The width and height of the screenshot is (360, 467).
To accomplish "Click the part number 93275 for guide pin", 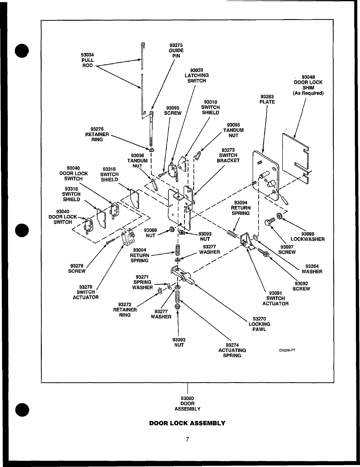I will pyautogui.click(x=176, y=45).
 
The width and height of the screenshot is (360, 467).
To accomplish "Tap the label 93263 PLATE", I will pyautogui.click(x=267, y=99).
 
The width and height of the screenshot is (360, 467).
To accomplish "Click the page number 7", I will pyautogui.click(x=187, y=439).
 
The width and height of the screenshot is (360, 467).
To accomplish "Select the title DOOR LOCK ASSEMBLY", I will pyautogui.click(x=187, y=423).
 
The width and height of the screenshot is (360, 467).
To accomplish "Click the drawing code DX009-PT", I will pyautogui.click(x=287, y=350).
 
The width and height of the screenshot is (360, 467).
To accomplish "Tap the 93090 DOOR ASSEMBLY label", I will pyautogui.click(x=187, y=403).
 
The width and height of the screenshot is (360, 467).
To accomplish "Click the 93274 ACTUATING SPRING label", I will pyautogui.click(x=232, y=350).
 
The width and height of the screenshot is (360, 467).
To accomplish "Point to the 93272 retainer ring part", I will pyautogui.click(x=159, y=292).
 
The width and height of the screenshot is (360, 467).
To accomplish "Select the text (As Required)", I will pyautogui.click(x=308, y=93).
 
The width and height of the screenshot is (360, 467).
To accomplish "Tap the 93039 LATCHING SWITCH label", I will pyautogui.click(x=197, y=75).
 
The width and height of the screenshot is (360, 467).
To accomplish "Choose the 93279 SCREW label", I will pyautogui.click(x=77, y=269).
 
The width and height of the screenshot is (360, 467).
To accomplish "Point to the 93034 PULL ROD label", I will pyautogui.click(x=87, y=60).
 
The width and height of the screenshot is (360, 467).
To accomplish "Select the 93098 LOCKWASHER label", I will pyautogui.click(x=308, y=237).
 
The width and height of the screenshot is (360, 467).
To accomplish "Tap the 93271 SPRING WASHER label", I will pyautogui.click(x=142, y=282).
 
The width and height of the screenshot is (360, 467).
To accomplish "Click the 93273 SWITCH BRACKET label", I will pyautogui.click(x=228, y=155).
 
